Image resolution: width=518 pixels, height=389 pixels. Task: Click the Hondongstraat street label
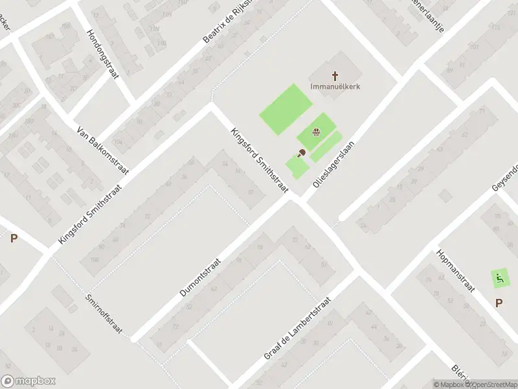(x=104, y=54)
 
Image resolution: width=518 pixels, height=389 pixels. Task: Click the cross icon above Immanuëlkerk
(x=335, y=75)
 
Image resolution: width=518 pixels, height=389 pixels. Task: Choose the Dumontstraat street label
(x=201, y=276)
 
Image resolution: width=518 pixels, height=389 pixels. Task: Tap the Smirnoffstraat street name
(x=104, y=314)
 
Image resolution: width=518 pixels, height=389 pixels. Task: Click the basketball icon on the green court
(x=315, y=134)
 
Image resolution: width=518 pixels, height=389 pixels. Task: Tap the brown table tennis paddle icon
(x=300, y=154)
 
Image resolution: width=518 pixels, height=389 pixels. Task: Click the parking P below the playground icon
(x=499, y=302)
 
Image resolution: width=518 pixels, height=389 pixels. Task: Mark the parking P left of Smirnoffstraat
(x=14, y=238)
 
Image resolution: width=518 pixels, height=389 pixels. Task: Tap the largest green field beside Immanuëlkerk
(x=286, y=109)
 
